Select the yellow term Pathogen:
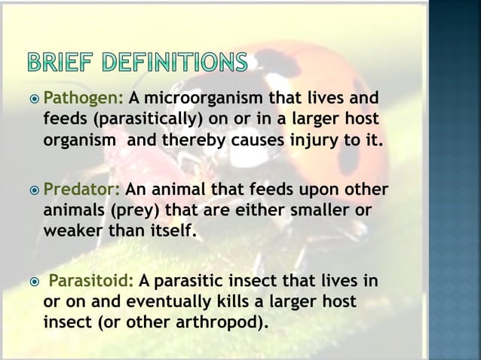click(84, 99)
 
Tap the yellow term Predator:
click(82, 188)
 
